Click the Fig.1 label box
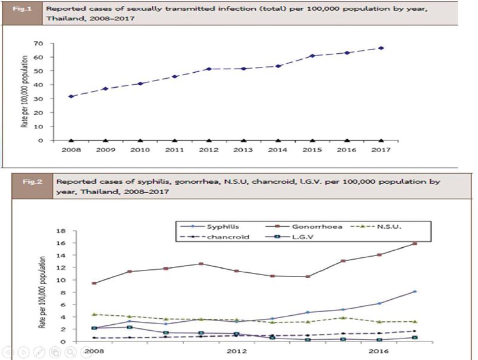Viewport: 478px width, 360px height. coord(22,13)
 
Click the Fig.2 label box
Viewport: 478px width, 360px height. coord(32,186)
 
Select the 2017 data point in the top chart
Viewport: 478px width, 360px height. coord(381,48)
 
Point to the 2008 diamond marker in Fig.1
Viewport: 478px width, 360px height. coord(71,96)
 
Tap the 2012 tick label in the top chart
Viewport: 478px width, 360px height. coord(209,150)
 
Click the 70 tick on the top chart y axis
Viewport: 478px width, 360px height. coord(38,44)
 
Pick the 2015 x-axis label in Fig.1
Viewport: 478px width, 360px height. coord(312,150)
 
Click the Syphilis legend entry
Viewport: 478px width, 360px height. coord(210,227)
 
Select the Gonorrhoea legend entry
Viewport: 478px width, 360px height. coord(304,227)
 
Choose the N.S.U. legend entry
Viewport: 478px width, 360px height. coord(376,227)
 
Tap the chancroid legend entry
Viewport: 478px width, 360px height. coord(215,237)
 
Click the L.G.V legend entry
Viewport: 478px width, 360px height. coord(290,237)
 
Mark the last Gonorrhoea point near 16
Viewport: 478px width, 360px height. coord(415,244)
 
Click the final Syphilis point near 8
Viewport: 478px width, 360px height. coord(415,291)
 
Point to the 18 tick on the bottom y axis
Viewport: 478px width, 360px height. coord(61,231)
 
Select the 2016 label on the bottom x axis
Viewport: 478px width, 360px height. coord(379,351)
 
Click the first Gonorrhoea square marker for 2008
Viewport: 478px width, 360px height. coord(94,283)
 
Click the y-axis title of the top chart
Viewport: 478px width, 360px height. coord(24,91)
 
